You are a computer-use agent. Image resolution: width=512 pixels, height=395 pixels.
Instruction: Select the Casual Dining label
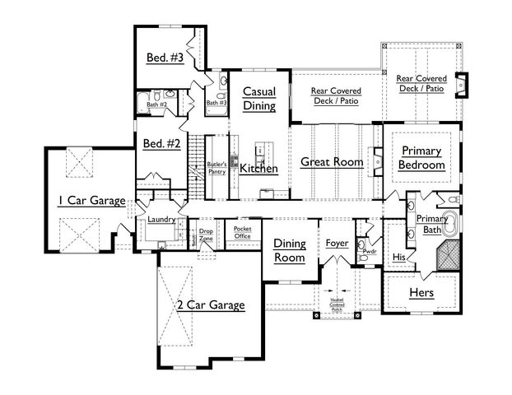click(259, 99)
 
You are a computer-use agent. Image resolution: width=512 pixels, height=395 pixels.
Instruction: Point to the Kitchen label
click(258, 169)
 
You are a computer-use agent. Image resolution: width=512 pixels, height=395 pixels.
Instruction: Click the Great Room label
click(331, 162)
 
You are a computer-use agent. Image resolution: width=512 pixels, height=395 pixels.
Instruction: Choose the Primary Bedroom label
click(421, 157)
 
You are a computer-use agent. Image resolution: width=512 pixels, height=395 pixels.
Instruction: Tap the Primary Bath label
click(431, 225)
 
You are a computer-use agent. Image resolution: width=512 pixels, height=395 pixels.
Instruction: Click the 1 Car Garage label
click(91, 199)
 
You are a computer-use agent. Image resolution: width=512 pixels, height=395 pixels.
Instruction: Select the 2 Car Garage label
click(211, 305)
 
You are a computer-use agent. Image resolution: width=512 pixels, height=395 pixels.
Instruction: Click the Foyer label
click(337, 244)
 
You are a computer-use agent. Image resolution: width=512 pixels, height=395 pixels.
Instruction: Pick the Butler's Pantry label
click(216, 168)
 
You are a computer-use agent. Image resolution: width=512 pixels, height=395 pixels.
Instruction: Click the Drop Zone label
click(207, 235)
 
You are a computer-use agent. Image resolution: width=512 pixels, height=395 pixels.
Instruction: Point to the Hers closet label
click(421, 293)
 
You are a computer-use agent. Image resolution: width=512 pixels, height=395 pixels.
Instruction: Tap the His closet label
click(399, 256)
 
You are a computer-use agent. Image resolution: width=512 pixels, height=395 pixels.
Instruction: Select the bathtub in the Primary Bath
click(452, 221)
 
